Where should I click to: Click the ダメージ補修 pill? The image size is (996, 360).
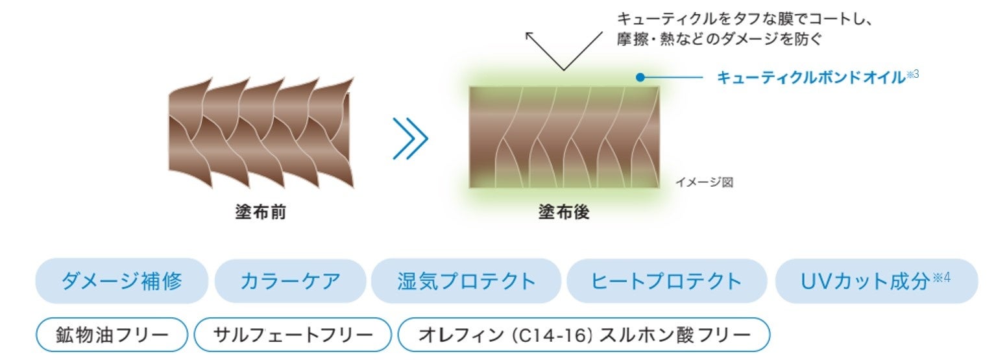[121, 281]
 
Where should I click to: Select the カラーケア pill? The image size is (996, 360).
[290, 281]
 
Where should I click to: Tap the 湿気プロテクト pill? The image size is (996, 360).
[466, 281]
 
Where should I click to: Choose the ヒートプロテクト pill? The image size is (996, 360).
[666, 281]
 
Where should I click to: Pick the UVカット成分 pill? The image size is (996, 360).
[876, 281]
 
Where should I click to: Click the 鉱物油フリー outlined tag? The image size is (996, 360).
[112, 335]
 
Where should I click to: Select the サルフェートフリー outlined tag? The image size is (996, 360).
[293, 335]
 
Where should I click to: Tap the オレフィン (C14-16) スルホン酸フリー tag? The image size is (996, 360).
[584, 335]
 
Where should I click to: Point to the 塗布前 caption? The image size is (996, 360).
[260, 212]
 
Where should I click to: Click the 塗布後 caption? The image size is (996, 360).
[564, 212]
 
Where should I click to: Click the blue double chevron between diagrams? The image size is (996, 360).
[410, 138]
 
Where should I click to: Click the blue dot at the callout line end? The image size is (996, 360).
[640, 77]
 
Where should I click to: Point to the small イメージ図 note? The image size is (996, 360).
[704, 183]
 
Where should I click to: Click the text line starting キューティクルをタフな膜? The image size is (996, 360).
[744, 19]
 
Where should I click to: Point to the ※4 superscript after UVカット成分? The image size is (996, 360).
[942, 277]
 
